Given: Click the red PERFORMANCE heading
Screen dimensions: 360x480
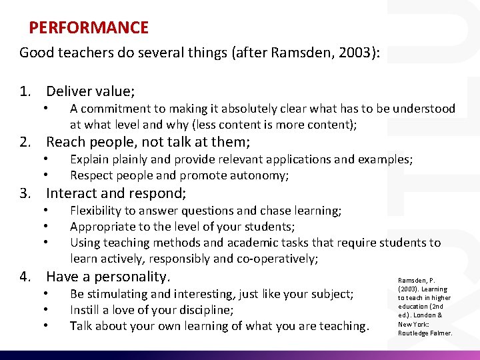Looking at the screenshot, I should [89, 28].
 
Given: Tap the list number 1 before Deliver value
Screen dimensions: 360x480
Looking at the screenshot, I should [24, 91].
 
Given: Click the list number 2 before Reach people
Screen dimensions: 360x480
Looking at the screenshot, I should [24, 142].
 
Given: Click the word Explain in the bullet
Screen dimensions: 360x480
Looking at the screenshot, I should [91, 159].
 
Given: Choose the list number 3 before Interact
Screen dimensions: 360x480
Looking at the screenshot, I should [24, 194].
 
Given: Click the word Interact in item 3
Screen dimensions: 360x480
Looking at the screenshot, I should [73, 194].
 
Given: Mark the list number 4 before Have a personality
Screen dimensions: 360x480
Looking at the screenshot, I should [24, 276].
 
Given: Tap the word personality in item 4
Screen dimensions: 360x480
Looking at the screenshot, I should [133, 277].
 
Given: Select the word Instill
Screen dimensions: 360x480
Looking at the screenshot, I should [85, 310].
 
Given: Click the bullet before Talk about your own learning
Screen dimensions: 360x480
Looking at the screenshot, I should [45, 326].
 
